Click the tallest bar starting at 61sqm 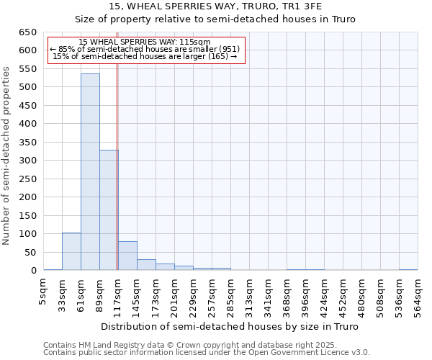pos(90,172)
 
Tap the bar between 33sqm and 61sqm pos(71,251)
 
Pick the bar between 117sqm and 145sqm pos(127,256)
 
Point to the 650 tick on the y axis pos(28,32)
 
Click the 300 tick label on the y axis pos(28,161)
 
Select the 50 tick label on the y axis pos(31,253)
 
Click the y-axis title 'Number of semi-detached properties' pos(6,155)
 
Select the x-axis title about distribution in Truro pos(230,326)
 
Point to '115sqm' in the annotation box pos(196,42)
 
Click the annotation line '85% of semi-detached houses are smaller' pos(148,49)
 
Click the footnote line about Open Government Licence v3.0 pos(207,353)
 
